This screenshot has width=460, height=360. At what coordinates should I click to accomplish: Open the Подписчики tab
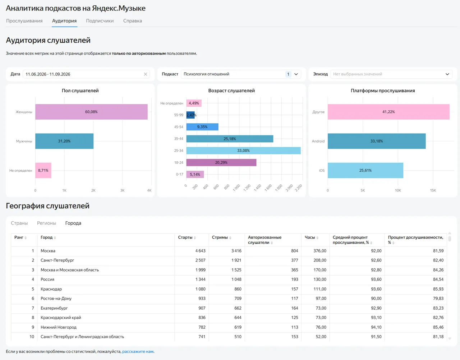[100, 21]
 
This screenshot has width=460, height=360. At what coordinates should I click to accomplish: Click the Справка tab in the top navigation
[133, 21]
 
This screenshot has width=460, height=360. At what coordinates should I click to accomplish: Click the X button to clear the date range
[146, 74]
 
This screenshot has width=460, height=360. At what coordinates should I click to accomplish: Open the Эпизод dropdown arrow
[447, 74]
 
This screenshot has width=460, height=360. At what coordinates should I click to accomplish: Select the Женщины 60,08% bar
[91, 112]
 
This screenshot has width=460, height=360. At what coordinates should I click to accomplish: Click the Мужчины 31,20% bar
[64, 141]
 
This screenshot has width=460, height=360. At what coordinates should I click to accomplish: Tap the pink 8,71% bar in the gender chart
[43, 170]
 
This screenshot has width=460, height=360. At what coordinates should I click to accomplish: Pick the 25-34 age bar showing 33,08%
[243, 151]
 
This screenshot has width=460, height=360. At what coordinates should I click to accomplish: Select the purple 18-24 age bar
[221, 162]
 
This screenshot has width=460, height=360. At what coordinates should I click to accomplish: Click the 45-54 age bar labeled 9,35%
[202, 127]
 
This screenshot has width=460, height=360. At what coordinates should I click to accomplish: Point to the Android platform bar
[377, 141]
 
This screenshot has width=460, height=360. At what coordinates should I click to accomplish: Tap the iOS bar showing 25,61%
[365, 170]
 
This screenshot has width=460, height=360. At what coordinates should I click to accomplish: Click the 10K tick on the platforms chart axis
[398, 190]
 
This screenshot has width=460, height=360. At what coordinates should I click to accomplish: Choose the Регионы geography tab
[47, 223]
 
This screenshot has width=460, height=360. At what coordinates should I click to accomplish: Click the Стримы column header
[220, 237]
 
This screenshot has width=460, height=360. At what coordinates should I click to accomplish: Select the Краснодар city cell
[51, 289]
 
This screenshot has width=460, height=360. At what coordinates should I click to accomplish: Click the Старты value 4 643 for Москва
[200, 251]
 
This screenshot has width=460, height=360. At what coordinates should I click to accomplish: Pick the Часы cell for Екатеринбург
[321, 308]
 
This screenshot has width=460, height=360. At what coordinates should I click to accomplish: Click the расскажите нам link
[138, 351]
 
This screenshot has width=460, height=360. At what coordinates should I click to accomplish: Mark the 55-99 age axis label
[179, 115]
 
